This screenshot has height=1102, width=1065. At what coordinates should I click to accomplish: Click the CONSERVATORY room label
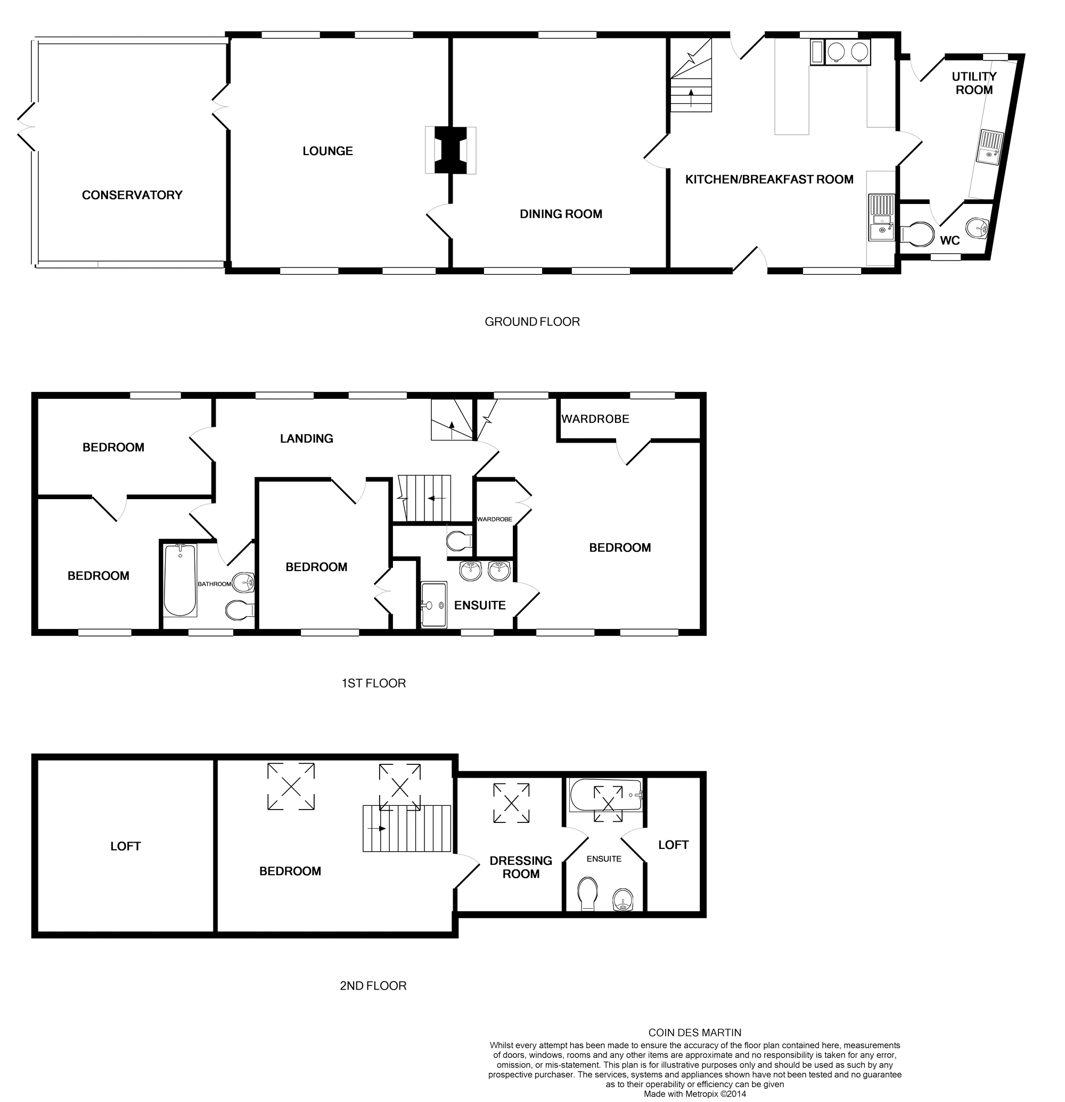pos(132,195)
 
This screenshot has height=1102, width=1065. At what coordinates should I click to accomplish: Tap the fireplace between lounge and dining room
pos(450,151)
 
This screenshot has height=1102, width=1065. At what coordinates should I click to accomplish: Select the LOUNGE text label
pos(327,151)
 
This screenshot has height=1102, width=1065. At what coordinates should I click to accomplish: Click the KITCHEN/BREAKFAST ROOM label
pos(769,179)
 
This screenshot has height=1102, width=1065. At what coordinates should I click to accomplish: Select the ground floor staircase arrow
pos(691,97)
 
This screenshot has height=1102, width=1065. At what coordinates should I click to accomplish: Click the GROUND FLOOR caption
pos(531,322)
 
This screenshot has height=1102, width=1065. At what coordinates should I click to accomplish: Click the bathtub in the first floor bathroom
pos(180,581)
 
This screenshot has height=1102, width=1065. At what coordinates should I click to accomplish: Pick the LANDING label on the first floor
pos(306,438)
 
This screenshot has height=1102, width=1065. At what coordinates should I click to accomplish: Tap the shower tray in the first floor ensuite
pos(433,605)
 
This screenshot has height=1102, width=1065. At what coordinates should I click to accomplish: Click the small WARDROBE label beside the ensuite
pos(495,519)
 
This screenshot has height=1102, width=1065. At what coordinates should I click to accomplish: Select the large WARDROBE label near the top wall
pos(595,419)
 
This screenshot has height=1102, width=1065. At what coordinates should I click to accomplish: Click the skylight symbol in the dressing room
pos(511,803)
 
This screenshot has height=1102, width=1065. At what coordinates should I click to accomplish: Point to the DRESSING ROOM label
pos(520,867)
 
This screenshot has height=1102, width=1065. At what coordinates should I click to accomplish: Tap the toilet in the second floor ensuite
pos(588,893)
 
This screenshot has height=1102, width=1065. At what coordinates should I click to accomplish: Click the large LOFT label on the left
pos(125,846)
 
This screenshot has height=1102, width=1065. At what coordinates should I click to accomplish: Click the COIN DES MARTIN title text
pos(694,1033)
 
